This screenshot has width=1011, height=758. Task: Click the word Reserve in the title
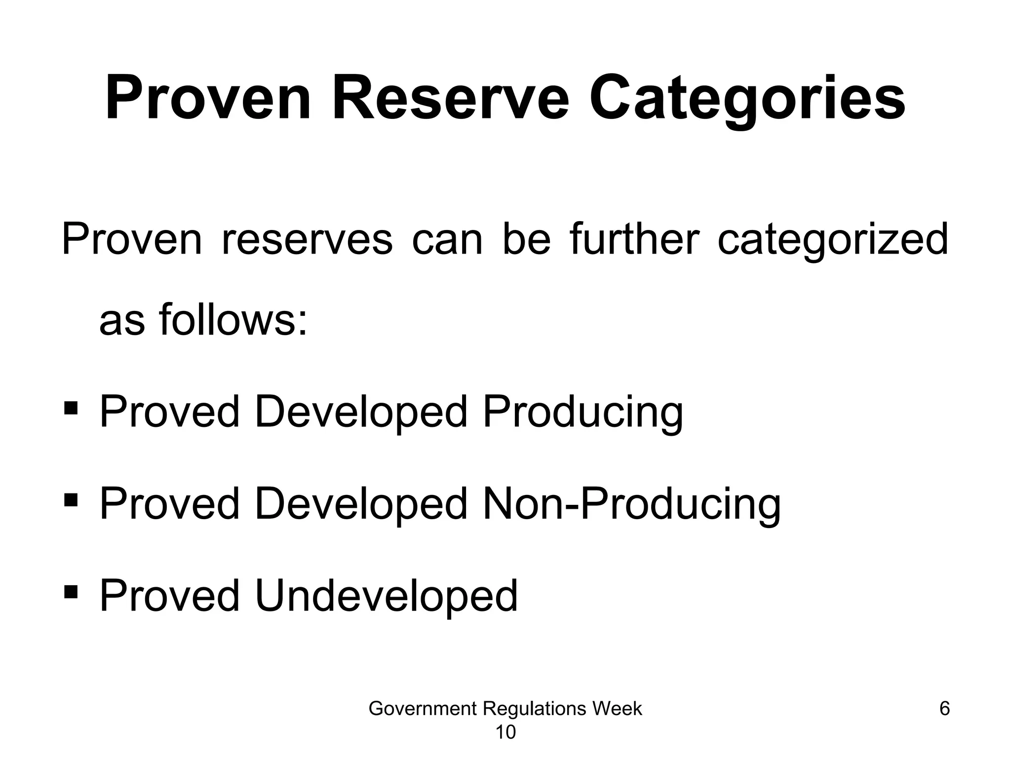pos(451,98)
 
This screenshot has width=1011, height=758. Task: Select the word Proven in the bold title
pos(208,98)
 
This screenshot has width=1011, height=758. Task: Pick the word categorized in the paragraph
pos(832,240)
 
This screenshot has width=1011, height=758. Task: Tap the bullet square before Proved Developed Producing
pos(71,408)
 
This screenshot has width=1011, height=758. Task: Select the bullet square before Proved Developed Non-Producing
pos(71,500)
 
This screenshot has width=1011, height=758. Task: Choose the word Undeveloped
pos(386,596)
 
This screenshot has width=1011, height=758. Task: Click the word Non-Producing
pos(631,504)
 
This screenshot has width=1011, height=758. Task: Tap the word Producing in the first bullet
pos(583,412)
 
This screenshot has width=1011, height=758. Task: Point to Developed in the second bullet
pos(360,504)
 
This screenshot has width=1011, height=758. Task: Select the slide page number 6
pos(944,709)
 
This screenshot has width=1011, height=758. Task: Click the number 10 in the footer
pos(505,733)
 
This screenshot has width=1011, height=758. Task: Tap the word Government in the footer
pos(422,709)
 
